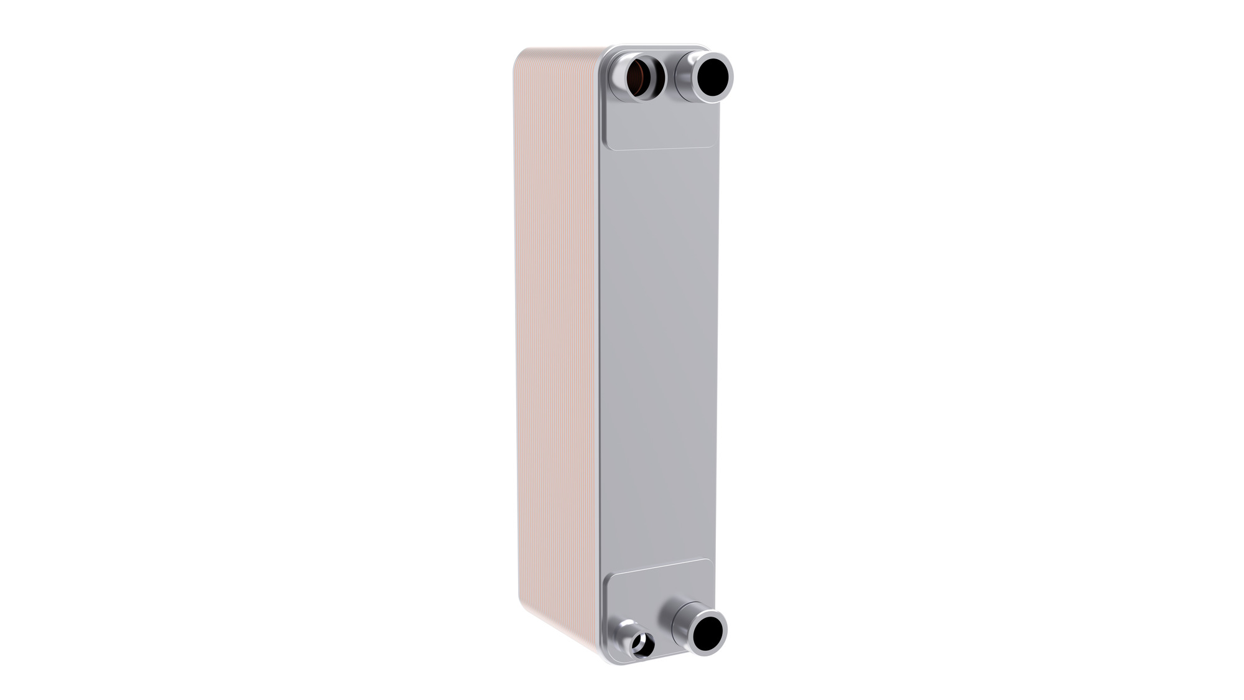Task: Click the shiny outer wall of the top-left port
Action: click(x=619, y=81)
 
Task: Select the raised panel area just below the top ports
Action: click(x=659, y=128)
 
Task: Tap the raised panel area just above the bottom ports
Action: click(x=659, y=585)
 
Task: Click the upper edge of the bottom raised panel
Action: click(x=659, y=567)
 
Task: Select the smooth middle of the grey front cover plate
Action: click(x=658, y=355)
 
